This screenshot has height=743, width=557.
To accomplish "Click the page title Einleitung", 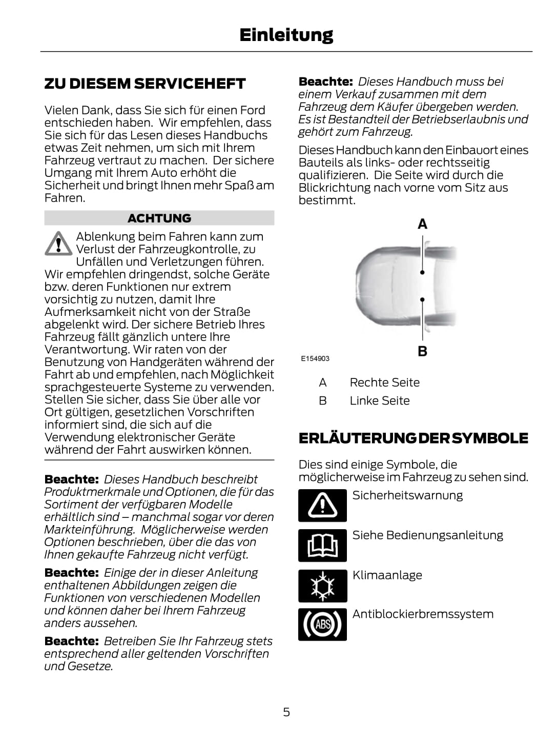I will click(x=286, y=35).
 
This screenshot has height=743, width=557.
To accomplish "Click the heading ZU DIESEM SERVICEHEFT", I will click(x=145, y=84).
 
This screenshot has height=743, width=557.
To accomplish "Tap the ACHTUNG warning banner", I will click(x=159, y=218).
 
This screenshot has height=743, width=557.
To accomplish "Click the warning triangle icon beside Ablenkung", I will click(x=58, y=243).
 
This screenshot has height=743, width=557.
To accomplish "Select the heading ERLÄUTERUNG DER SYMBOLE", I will click(x=413, y=438).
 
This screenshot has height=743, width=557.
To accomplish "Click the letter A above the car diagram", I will click(x=422, y=224).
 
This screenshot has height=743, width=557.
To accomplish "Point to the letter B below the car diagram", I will click(x=422, y=351).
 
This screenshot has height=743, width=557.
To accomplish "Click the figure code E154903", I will click(x=315, y=358).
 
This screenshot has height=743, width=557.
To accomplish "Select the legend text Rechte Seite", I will click(x=384, y=383).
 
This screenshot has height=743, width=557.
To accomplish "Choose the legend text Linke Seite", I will click(x=379, y=400).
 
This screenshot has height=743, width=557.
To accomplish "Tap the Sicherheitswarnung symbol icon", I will click(x=322, y=505).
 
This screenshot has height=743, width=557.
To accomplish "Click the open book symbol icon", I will click(x=322, y=545).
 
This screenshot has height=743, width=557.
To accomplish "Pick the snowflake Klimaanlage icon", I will click(x=322, y=585).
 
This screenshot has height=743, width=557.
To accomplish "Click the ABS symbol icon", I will click(x=322, y=624).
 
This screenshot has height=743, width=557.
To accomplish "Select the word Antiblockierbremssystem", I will click(x=423, y=614).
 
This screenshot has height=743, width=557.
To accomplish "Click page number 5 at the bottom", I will click(x=286, y=712).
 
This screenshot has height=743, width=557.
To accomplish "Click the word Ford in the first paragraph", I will click(x=253, y=110).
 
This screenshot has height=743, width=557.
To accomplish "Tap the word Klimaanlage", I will click(x=387, y=575).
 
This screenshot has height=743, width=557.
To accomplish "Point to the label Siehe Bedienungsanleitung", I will click(x=427, y=535).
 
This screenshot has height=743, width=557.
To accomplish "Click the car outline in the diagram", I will click(x=389, y=287).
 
